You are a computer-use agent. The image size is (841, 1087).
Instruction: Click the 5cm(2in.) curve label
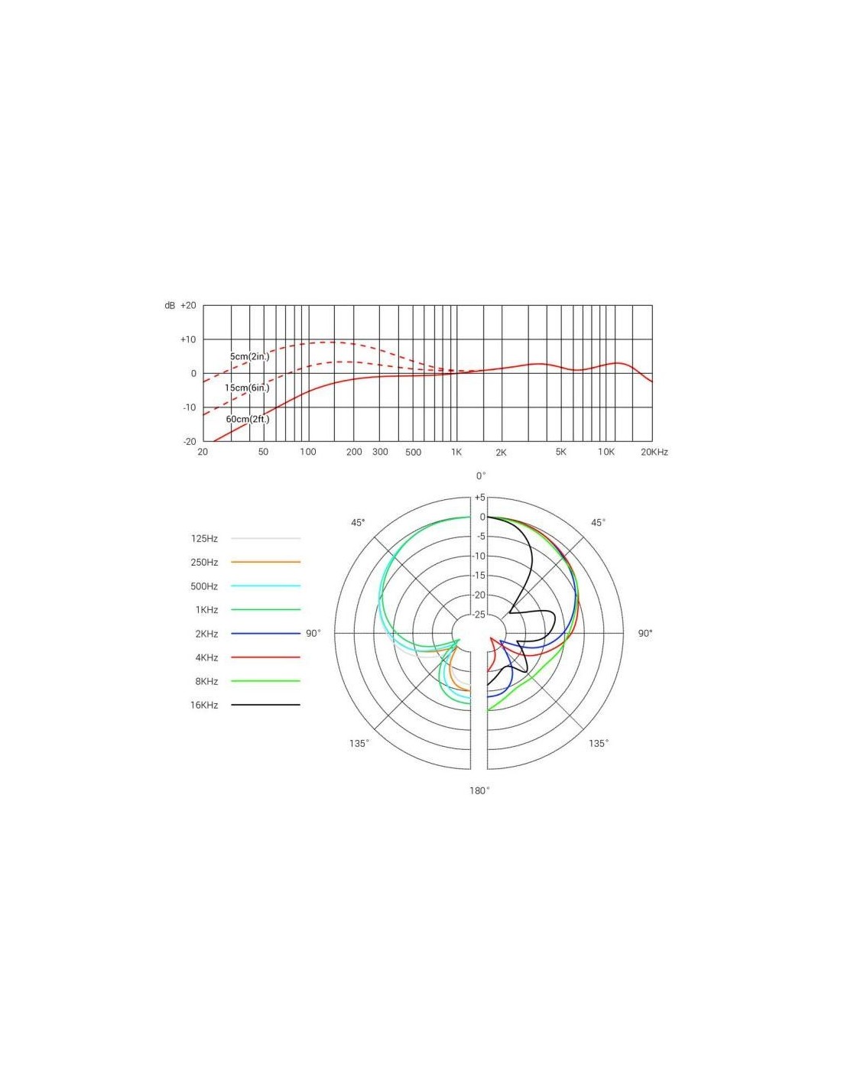click(x=249, y=356)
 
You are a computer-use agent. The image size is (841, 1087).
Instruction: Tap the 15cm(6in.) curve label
click(x=247, y=388)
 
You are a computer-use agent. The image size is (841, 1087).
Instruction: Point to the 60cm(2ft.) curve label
click(x=247, y=419)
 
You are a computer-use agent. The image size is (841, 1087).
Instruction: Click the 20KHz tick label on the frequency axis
click(x=654, y=453)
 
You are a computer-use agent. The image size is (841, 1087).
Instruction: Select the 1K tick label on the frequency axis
click(x=456, y=453)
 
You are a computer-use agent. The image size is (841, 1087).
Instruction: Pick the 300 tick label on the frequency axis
click(x=380, y=452)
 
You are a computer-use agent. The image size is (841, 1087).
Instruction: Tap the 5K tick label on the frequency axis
click(x=561, y=452)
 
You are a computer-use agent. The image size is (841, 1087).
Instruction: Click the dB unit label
click(x=170, y=306)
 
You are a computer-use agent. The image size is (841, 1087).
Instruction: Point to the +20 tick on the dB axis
click(x=188, y=306)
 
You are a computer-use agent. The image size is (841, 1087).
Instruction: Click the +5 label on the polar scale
click(x=480, y=497)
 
